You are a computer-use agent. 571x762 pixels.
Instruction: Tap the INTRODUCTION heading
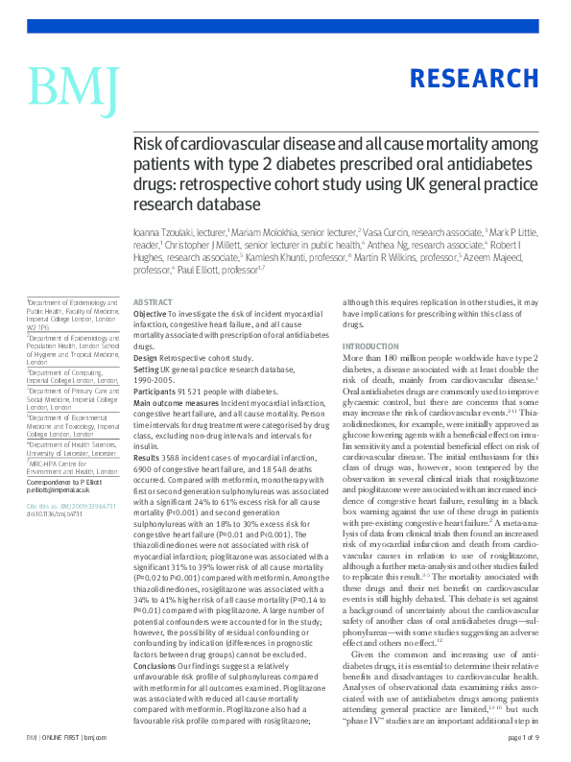coord(370,345)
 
